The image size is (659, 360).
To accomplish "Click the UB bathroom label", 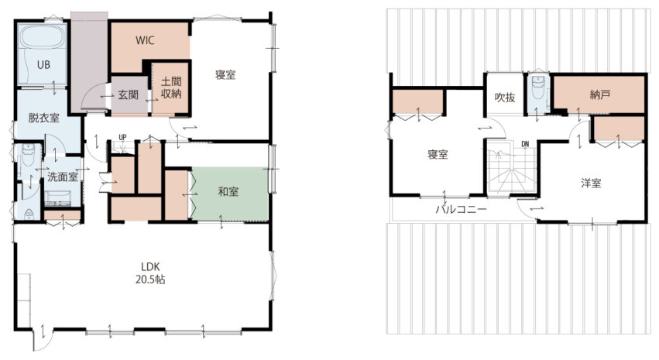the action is (x=43, y=65).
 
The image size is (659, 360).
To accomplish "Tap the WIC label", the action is (x=145, y=40).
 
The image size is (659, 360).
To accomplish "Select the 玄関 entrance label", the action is (x=128, y=94).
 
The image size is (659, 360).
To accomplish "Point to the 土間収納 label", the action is (x=171, y=87).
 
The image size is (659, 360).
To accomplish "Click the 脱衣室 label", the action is (x=43, y=118).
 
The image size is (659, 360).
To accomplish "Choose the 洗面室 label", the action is (x=63, y=177).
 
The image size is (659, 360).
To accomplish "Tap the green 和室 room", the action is (x=230, y=194).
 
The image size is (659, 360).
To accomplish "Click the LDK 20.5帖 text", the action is (x=150, y=273).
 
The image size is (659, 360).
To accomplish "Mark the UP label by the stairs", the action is (x=122, y=137).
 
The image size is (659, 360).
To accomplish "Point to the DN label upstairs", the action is (x=525, y=144).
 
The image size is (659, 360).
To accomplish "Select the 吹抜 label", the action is (x=505, y=98).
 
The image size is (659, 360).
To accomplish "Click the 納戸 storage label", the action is (x=599, y=95).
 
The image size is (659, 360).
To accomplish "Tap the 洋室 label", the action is (x=591, y=183).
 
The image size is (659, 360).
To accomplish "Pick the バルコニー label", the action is (x=461, y=209).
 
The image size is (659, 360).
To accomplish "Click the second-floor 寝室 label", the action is (x=438, y=155).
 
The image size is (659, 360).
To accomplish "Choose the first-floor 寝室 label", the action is (x=225, y=75).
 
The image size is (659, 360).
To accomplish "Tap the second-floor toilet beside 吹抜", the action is (x=537, y=89).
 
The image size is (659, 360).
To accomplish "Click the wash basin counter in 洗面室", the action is (x=58, y=198).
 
